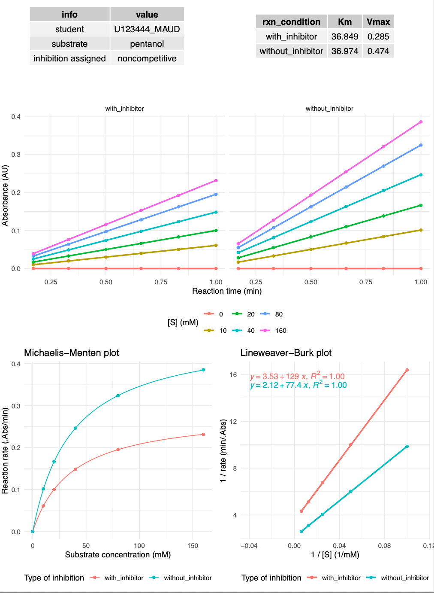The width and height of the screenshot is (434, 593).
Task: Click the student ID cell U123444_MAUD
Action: [147, 29]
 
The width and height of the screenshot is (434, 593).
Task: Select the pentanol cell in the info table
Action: [147, 44]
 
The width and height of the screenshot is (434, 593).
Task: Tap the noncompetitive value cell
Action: [147, 58]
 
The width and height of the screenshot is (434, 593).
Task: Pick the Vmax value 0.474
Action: [378, 51]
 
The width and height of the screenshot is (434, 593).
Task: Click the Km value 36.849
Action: [344, 36]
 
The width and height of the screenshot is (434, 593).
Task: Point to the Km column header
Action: [344, 22]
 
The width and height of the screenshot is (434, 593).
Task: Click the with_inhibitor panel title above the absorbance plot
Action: [124, 109]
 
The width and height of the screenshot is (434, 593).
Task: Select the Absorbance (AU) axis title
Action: [5, 196]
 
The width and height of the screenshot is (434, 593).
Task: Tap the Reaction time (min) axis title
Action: [227, 291]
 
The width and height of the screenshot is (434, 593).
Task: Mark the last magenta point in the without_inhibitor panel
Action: [421, 122]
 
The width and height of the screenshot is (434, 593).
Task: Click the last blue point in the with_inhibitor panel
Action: [216, 194]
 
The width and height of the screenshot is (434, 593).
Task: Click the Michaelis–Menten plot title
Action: [71, 353]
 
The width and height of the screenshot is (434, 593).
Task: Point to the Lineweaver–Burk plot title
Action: [286, 353]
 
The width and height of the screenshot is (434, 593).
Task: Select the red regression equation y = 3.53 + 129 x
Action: [297, 377]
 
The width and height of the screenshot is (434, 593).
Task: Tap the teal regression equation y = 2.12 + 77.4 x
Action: [298, 385]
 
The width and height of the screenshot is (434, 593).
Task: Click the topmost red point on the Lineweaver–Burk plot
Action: [407, 370]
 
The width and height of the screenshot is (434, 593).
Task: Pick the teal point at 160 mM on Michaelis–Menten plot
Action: [203, 370]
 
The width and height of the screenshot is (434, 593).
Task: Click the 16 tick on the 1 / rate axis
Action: [233, 375]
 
